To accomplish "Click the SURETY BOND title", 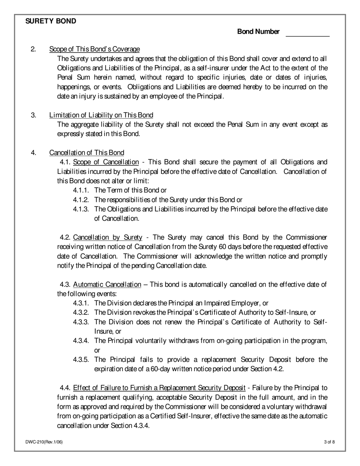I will (x=50, y=21).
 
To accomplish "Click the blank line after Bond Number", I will (x=307, y=33).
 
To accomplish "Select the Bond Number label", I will (x=258, y=32).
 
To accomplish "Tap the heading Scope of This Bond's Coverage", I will (x=94, y=49).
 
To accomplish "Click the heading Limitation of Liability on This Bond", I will (x=101, y=115).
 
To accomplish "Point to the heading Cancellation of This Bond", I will (x=86, y=153).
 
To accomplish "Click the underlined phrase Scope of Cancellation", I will (x=106, y=162).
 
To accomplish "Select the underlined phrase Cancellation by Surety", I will (x=108, y=238).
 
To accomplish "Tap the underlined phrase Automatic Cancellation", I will (x=107, y=285).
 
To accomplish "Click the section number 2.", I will (x=33, y=49).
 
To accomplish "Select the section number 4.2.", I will (x=65, y=238).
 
